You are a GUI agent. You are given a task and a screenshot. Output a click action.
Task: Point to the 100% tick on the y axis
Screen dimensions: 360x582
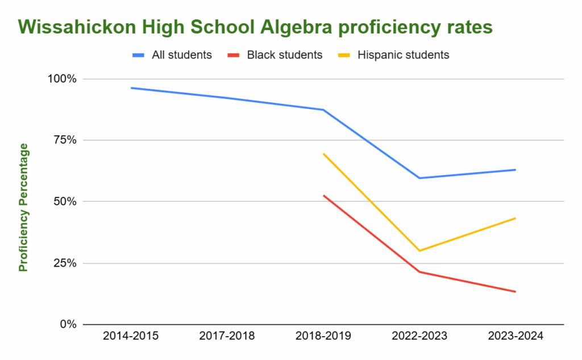60,78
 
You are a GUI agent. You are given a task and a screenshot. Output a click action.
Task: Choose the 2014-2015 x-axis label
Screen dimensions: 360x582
131,336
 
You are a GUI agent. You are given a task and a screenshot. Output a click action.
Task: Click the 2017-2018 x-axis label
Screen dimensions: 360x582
227,336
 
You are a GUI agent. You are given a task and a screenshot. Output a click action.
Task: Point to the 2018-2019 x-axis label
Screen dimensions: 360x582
323,336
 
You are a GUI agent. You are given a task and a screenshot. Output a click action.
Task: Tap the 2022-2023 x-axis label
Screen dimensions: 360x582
419,336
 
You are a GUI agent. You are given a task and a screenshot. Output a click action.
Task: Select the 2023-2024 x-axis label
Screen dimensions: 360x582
516,336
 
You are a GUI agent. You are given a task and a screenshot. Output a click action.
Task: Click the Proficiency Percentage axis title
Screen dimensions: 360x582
23,208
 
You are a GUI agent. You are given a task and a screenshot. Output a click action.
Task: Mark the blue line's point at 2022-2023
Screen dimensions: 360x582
419,178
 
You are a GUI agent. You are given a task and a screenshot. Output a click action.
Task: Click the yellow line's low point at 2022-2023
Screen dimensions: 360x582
419,251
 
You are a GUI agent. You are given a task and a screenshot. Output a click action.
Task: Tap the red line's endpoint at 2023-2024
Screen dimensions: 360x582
515,292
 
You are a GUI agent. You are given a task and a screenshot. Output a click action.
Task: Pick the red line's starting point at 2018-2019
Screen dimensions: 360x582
323,196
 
